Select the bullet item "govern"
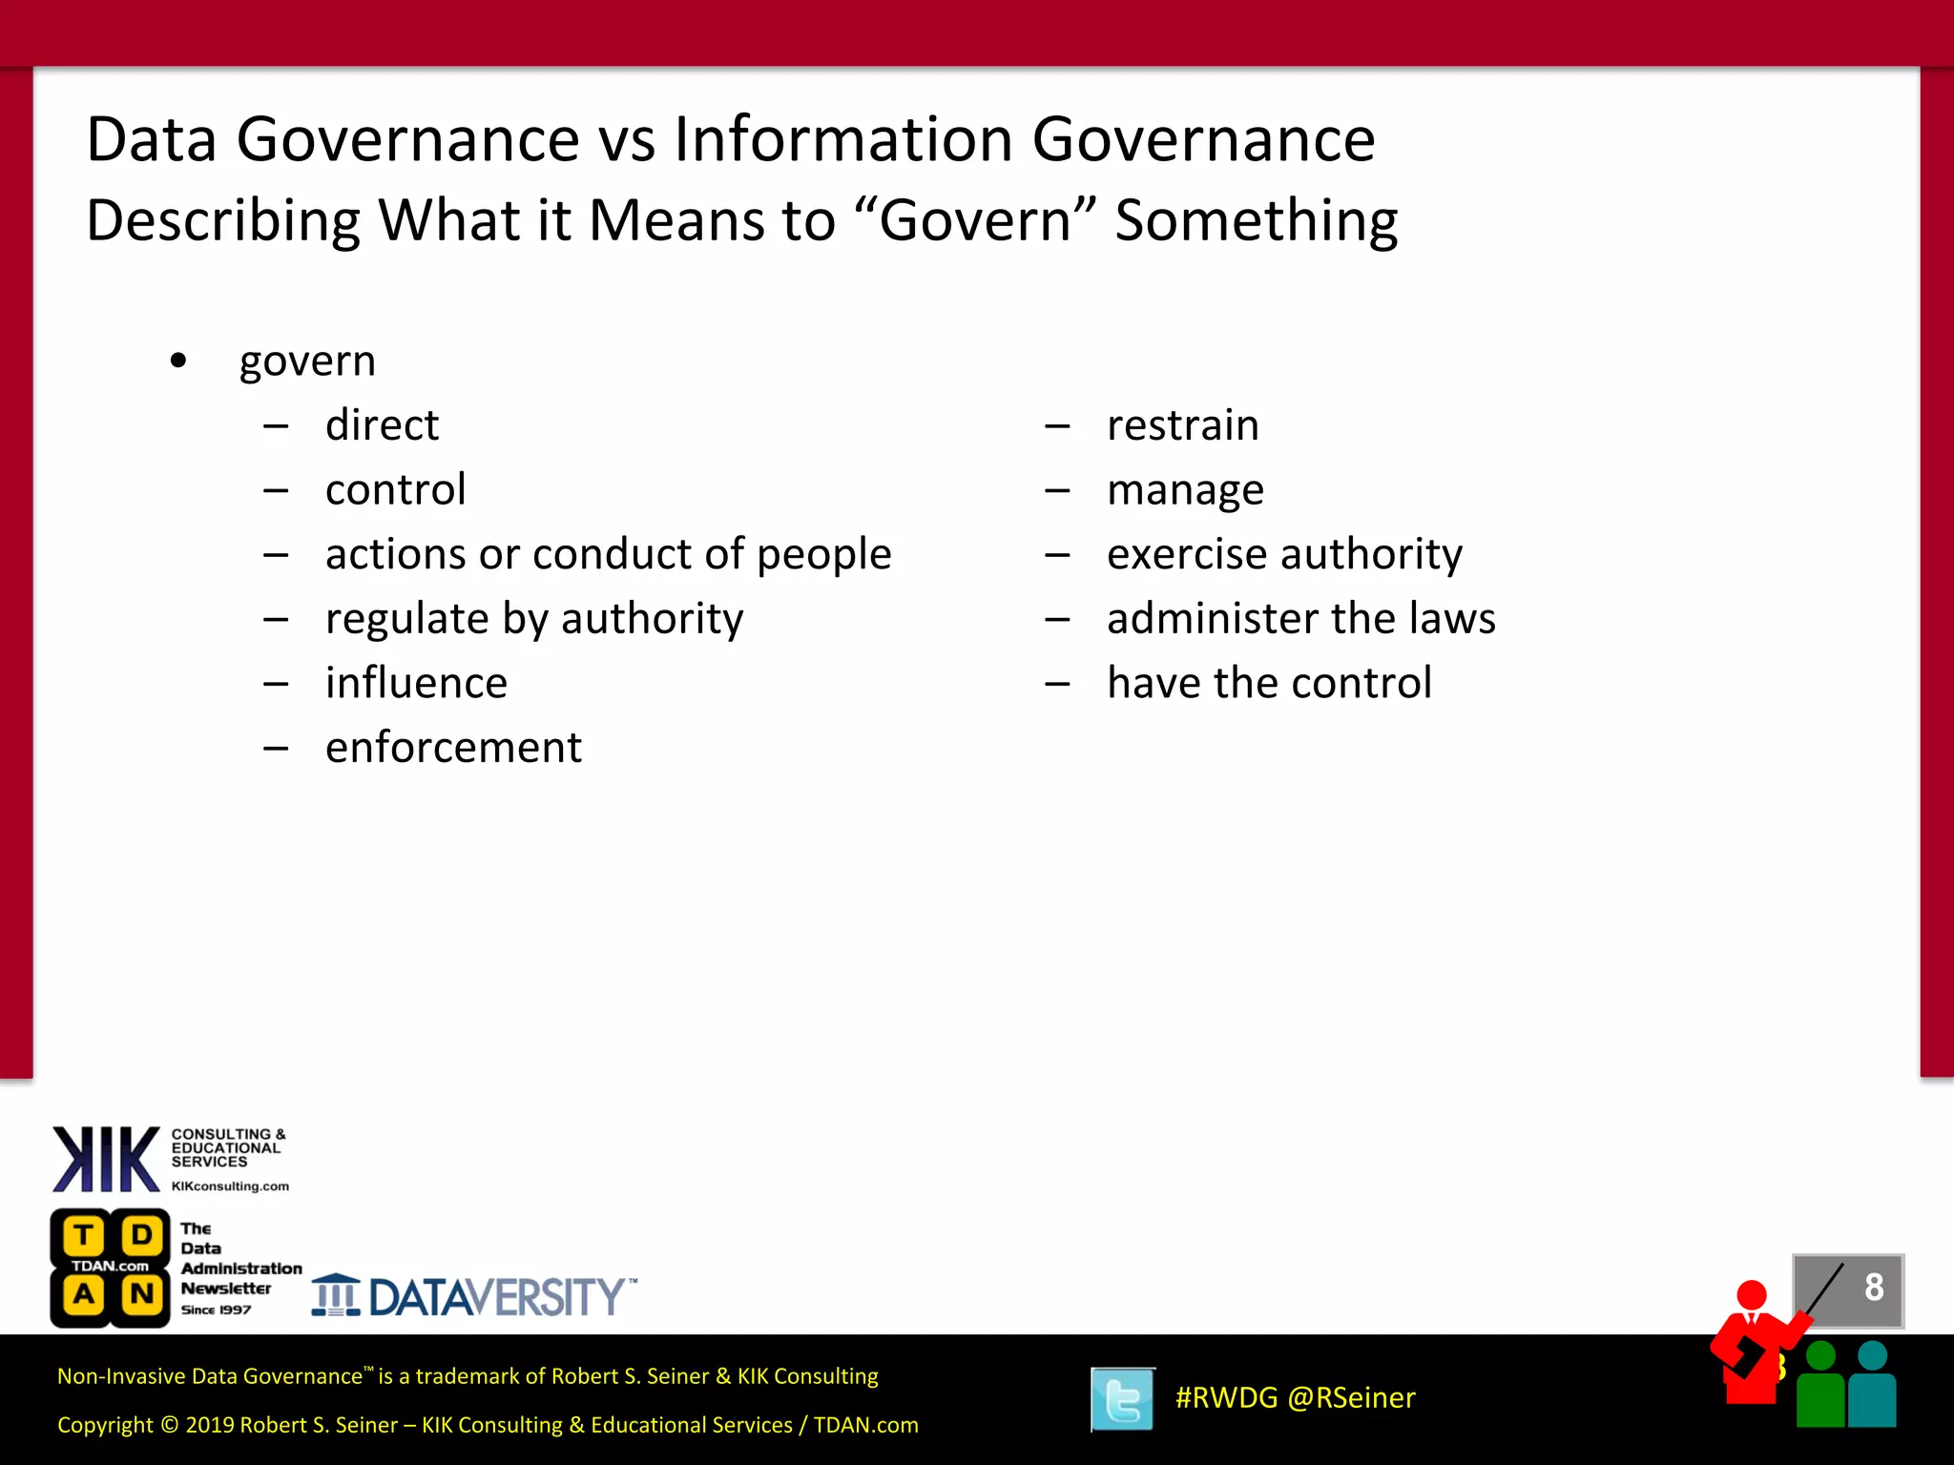point(307,361)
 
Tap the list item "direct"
point(382,425)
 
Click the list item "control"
point(395,490)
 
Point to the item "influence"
point(416,684)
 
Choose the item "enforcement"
point(453,748)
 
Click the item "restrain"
point(1182,425)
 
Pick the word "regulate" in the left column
point(406,620)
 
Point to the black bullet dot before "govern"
point(178,361)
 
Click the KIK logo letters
point(106,1159)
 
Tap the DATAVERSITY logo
point(474,1296)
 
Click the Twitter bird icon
point(1122,1399)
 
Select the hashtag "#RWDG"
point(1226,1398)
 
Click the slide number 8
point(1873,1287)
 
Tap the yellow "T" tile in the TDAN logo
point(84,1235)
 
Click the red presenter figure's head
point(1752,1295)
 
